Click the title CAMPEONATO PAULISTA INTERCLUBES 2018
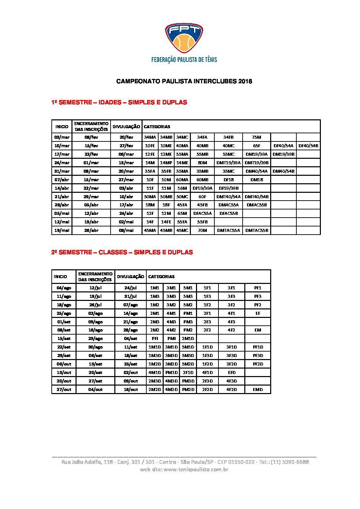coord(184,81)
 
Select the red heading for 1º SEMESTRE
coord(119,102)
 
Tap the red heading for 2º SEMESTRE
coord(122,252)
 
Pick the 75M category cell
coord(257,137)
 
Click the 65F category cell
coord(257,146)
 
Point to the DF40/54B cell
coord(308,146)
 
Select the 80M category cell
coord(202,163)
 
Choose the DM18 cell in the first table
coord(257,180)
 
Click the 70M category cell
coord(202,231)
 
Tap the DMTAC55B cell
coord(257,231)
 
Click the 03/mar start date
coord(62,137)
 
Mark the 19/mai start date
coord(62,231)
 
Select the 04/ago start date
coord(64,288)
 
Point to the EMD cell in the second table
coord(258,390)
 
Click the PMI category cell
coord(171,339)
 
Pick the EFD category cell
coord(232,373)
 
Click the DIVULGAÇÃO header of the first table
coord(126,126)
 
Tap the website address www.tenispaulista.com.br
coord(196,470)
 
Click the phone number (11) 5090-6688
coord(290,462)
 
